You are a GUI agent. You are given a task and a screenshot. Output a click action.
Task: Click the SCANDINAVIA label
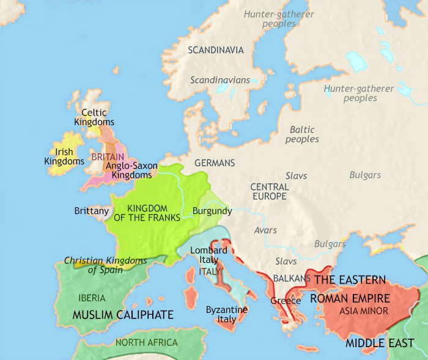tap(216, 50)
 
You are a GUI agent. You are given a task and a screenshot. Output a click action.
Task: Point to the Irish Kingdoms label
tap(64, 156)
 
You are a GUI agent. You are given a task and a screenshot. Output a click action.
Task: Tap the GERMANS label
tap(214, 163)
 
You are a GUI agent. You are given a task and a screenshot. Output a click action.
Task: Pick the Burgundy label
tap(212, 211)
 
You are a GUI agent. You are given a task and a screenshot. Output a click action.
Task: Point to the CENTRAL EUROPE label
tap(269, 191)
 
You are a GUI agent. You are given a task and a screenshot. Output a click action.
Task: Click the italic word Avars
tap(265, 230)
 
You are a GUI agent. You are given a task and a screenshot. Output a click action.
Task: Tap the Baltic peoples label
tap(302, 134)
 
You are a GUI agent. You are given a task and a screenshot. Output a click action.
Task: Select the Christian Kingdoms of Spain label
tap(109, 265)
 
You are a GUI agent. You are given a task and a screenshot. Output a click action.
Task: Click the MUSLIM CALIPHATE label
tap(123, 315)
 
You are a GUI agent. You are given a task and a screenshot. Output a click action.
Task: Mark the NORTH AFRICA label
tap(146, 342)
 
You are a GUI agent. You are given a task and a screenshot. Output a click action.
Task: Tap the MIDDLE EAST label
tap(379, 343)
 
